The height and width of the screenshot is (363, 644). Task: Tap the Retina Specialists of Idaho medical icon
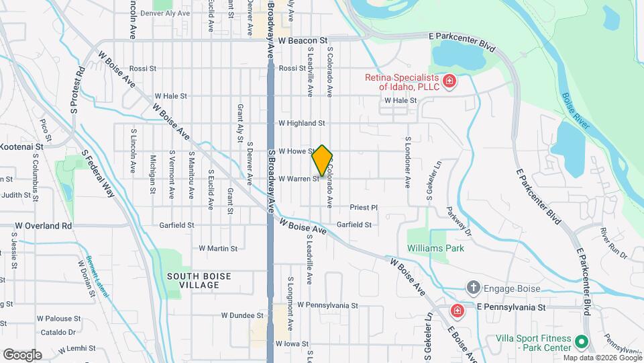(449, 82)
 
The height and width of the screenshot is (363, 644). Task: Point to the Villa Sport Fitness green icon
(581, 341)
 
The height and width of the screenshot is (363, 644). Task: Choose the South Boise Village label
(199, 280)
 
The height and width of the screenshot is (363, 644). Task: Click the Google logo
(22, 355)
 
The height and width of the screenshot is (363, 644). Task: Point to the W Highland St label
(301, 123)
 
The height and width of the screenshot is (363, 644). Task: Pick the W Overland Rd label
(44, 226)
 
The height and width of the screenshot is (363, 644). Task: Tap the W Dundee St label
(242, 315)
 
